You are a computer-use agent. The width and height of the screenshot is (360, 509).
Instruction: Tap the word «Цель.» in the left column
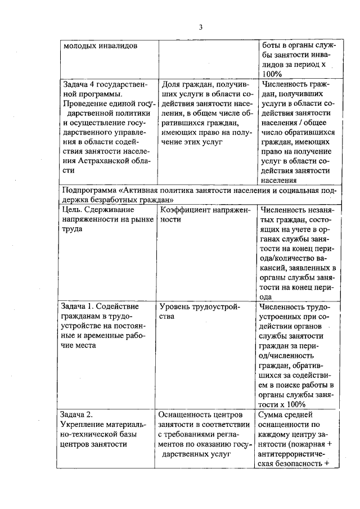73,210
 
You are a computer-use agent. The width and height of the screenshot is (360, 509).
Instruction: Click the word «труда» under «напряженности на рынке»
71,229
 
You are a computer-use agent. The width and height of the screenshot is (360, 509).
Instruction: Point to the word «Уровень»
177,307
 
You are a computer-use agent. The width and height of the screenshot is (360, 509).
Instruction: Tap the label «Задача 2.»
74,416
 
